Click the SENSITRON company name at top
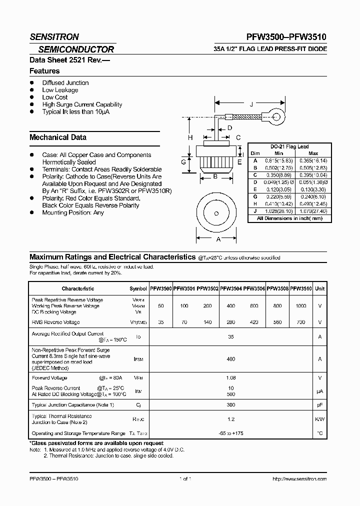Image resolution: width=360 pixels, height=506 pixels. click(x=54, y=37)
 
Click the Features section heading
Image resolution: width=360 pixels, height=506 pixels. click(x=44, y=71)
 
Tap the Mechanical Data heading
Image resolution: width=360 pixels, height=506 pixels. click(x=58, y=137)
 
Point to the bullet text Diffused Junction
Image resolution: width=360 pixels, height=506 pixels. click(x=65, y=83)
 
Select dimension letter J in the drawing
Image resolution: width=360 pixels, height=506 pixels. click(x=251, y=104)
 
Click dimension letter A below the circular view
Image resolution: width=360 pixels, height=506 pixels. click(x=218, y=239)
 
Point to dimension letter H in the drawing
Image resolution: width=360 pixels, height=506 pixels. click(x=190, y=137)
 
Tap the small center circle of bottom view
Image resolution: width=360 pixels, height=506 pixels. click(x=217, y=213)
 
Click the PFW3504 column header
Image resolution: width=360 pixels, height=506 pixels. click(x=231, y=288)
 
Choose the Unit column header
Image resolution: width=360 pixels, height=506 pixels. click(x=320, y=288)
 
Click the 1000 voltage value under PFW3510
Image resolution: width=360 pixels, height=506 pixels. click(x=301, y=305)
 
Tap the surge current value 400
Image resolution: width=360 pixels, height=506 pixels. click(x=231, y=359)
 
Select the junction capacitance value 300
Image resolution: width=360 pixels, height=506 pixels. click(x=231, y=404)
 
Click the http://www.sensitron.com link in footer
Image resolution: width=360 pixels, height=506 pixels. click(x=299, y=479)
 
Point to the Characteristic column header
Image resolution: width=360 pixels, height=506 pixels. click(x=78, y=288)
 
